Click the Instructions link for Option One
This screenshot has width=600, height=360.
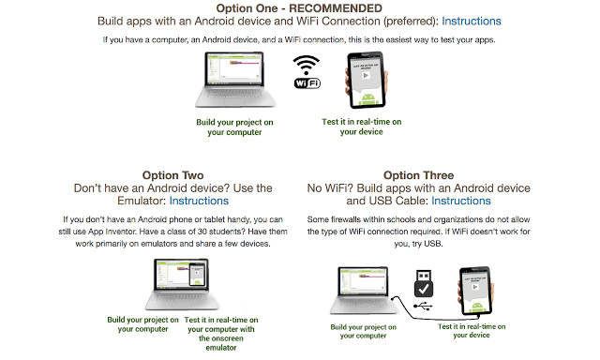(x=471, y=21)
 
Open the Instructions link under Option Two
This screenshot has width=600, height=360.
(x=199, y=201)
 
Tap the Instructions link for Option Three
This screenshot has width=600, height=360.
(x=460, y=201)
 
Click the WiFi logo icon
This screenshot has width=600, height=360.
(x=307, y=72)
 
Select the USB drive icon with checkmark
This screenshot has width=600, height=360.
(x=424, y=283)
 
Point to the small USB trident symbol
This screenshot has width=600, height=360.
(x=423, y=306)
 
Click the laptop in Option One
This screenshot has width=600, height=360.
(x=235, y=80)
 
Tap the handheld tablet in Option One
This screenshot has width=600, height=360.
(x=367, y=80)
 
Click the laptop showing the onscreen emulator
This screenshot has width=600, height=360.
(x=182, y=284)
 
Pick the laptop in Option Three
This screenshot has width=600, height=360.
(x=364, y=291)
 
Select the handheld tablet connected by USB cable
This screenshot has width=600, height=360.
(x=475, y=291)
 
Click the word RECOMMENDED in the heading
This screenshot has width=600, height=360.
(x=336, y=8)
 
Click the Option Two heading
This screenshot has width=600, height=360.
(x=172, y=175)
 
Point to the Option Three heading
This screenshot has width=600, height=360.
(x=419, y=175)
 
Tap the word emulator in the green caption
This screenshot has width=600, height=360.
(x=221, y=348)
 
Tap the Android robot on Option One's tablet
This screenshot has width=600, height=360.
(x=368, y=98)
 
